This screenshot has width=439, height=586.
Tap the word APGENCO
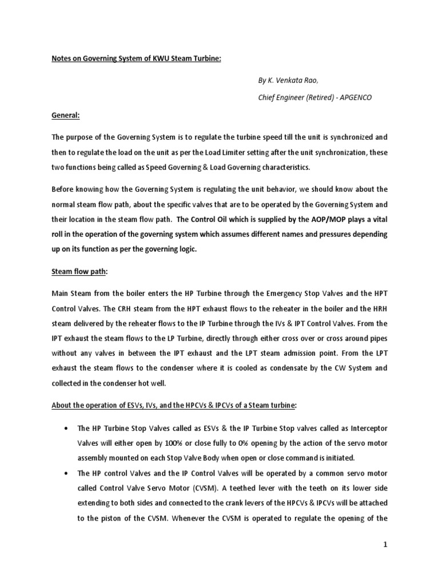[356, 98]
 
